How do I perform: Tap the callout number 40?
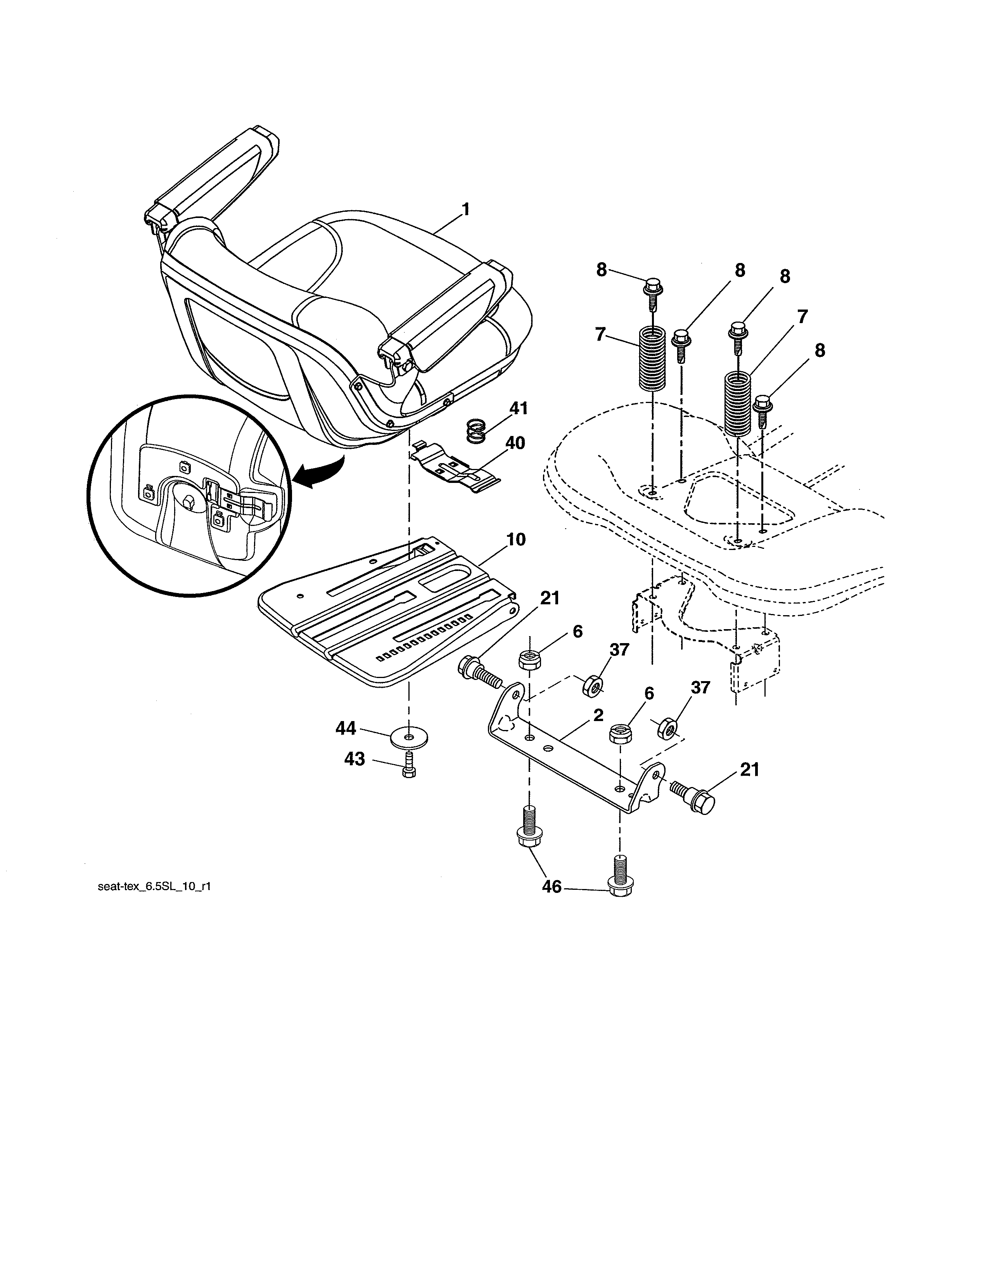pos(515,443)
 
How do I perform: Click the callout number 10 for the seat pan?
pos(515,540)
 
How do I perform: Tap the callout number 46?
pos(552,887)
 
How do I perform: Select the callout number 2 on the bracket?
pos(598,716)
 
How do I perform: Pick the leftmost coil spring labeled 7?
pos(652,359)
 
